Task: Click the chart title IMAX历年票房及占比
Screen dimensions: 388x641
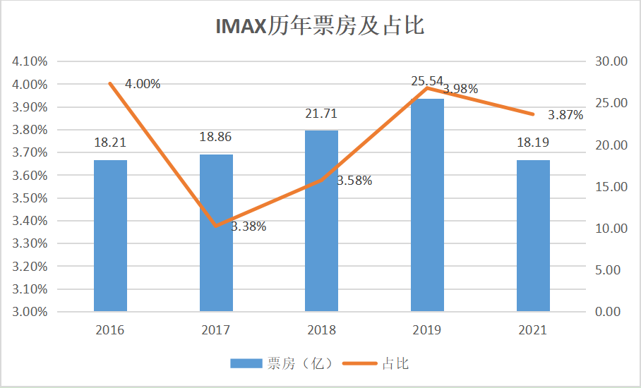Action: [x=319, y=27]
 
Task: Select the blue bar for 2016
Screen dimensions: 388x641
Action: [x=110, y=236]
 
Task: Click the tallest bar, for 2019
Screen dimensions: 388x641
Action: [x=427, y=205]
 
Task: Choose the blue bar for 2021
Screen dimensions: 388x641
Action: [x=533, y=236]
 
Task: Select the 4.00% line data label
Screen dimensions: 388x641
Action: [x=143, y=84]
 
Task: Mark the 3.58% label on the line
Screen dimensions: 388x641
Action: [x=354, y=181]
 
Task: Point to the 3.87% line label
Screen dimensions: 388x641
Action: [x=565, y=115]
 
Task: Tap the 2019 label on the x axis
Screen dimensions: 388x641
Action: [x=427, y=330]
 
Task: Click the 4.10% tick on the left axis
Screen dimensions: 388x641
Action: [x=30, y=61]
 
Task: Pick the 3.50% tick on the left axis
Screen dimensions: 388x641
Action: [x=30, y=198]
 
